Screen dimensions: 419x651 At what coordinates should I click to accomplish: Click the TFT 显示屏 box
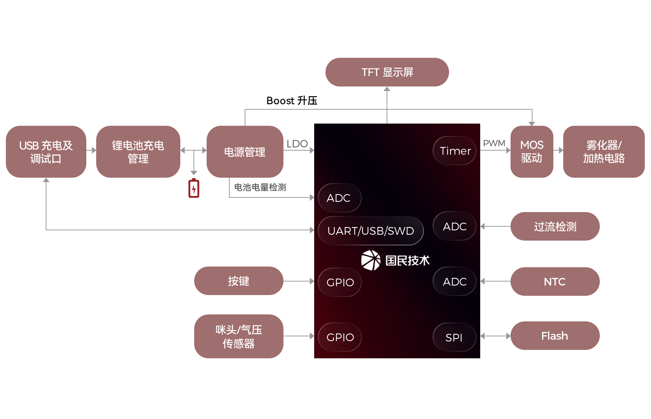[387, 72]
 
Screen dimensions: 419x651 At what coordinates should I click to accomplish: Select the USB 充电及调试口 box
[46, 152]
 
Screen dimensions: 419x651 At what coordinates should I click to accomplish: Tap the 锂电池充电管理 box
[138, 152]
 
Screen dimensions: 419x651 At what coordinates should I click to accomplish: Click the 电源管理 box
[245, 152]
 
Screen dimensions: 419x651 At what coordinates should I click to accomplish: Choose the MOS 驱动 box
[531, 152]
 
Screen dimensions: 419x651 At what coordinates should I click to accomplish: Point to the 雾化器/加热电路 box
[603, 152]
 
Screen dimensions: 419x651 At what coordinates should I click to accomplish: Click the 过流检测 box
[555, 226]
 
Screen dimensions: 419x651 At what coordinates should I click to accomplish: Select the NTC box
[555, 282]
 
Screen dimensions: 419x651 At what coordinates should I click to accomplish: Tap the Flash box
[555, 336]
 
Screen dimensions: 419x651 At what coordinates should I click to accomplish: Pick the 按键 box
[238, 281]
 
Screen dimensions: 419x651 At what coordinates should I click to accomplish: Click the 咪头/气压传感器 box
[238, 336]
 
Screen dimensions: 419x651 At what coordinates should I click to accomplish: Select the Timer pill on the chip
[455, 151]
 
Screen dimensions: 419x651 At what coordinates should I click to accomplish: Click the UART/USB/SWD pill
[371, 231]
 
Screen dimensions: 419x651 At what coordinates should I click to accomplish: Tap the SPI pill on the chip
[455, 337]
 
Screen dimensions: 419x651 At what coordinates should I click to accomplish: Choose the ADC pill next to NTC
[455, 282]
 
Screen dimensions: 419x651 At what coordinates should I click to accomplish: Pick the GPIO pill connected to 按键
[340, 282]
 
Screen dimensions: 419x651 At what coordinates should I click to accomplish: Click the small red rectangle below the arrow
[194, 188]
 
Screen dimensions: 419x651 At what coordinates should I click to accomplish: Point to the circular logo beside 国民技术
[371, 260]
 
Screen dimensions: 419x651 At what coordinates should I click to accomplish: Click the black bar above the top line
[292, 100]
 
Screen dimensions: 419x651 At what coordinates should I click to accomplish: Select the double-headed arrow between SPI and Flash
[495, 336]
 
